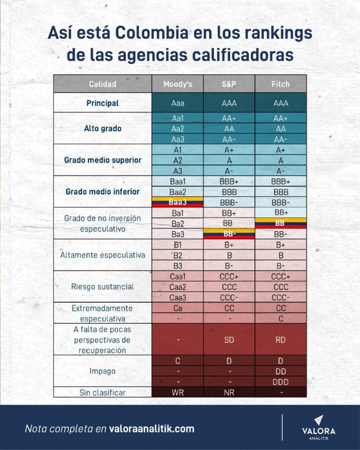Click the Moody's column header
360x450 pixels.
point(178,84)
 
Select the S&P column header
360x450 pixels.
point(229,84)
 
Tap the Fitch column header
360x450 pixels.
point(280,84)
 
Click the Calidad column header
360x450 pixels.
point(102,84)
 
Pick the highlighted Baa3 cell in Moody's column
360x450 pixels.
point(178,202)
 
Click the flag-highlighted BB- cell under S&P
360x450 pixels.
point(229,234)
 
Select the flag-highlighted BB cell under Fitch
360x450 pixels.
point(280,223)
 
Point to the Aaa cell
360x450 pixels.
point(178,103)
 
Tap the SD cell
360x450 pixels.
point(229,339)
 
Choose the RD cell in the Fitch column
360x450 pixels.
point(280,339)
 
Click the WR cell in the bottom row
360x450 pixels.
point(178,392)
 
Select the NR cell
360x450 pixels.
point(229,392)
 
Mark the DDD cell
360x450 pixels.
point(280,381)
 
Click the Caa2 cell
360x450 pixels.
point(178,287)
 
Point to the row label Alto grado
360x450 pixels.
point(102,128)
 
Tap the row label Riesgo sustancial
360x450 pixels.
point(102,287)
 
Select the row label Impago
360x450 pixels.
point(102,371)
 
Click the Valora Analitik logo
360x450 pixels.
point(319,427)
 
